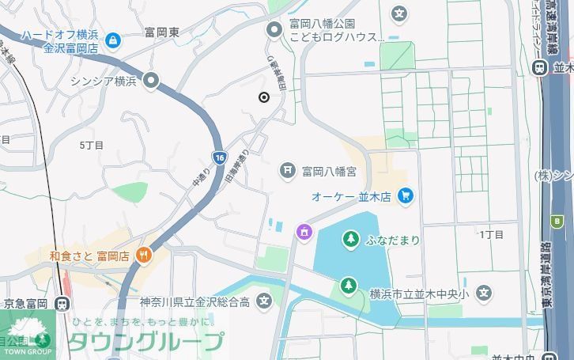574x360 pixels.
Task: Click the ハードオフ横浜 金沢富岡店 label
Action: [x=60, y=41]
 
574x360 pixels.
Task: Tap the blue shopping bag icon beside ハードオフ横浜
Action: [x=114, y=40]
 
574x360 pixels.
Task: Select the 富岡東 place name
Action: [x=161, y=32]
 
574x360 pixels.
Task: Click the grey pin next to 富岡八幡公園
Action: [x=274, y=30]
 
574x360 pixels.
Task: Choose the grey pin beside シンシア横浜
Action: [x=152, y=80]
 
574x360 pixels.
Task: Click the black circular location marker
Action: [x=263, y=97]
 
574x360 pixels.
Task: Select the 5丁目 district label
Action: [x=92, y=146]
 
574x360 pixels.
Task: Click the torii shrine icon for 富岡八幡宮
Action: [x=288, y=170]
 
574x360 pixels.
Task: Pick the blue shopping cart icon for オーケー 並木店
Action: [x=406, y=195]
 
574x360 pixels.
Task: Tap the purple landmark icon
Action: [x=303, y=232]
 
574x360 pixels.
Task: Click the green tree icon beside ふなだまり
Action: [x=350, y=238]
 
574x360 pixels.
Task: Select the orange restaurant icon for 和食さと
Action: [x=143, y=256]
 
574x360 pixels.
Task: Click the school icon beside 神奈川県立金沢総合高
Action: [x=263, y=301]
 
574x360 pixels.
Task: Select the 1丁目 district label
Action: [x=491, y=234]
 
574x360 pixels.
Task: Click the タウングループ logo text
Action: [x=145, y=342]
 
